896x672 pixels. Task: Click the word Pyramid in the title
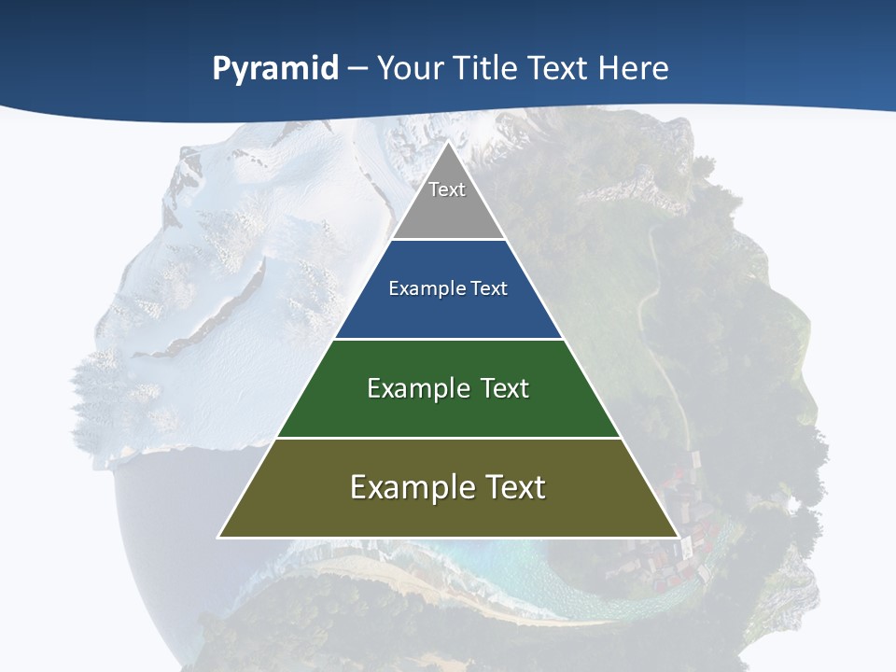(x=275, y=69)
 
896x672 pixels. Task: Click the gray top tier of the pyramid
(x=448, y=210)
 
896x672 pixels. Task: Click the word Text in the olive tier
(x=514, y=487)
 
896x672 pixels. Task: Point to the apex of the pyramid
(x=448, y=143)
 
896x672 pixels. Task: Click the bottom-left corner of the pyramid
(x=220, y=536)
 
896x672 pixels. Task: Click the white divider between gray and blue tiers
(x=448, y=240)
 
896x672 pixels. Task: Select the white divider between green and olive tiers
(x=448, y=438)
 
